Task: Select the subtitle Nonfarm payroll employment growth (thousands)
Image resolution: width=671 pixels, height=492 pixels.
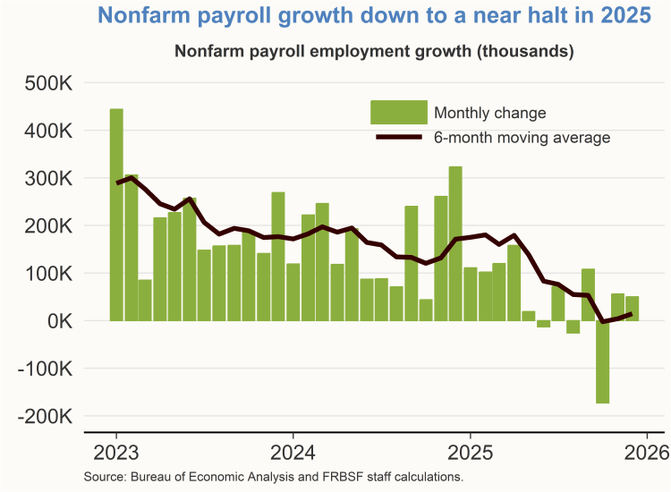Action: [373, 52]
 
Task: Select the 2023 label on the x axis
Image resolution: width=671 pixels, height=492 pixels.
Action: [116, 451]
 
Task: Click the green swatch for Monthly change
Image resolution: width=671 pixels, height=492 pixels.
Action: [398, 113]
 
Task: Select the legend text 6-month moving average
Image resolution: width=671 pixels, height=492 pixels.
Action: [522, 138]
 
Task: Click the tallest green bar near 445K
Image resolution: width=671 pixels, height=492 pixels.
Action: [116, 215]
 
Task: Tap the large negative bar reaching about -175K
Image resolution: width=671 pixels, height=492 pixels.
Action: [603, 362]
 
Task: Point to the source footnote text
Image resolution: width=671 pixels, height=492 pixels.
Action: [273, 476]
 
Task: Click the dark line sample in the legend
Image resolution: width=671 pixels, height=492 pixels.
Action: [398, 138]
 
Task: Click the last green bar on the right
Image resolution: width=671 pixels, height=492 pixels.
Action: [633, 309]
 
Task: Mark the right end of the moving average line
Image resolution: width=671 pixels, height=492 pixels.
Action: [632, 314]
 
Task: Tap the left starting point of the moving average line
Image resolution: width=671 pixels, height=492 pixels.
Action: [116, 183]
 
